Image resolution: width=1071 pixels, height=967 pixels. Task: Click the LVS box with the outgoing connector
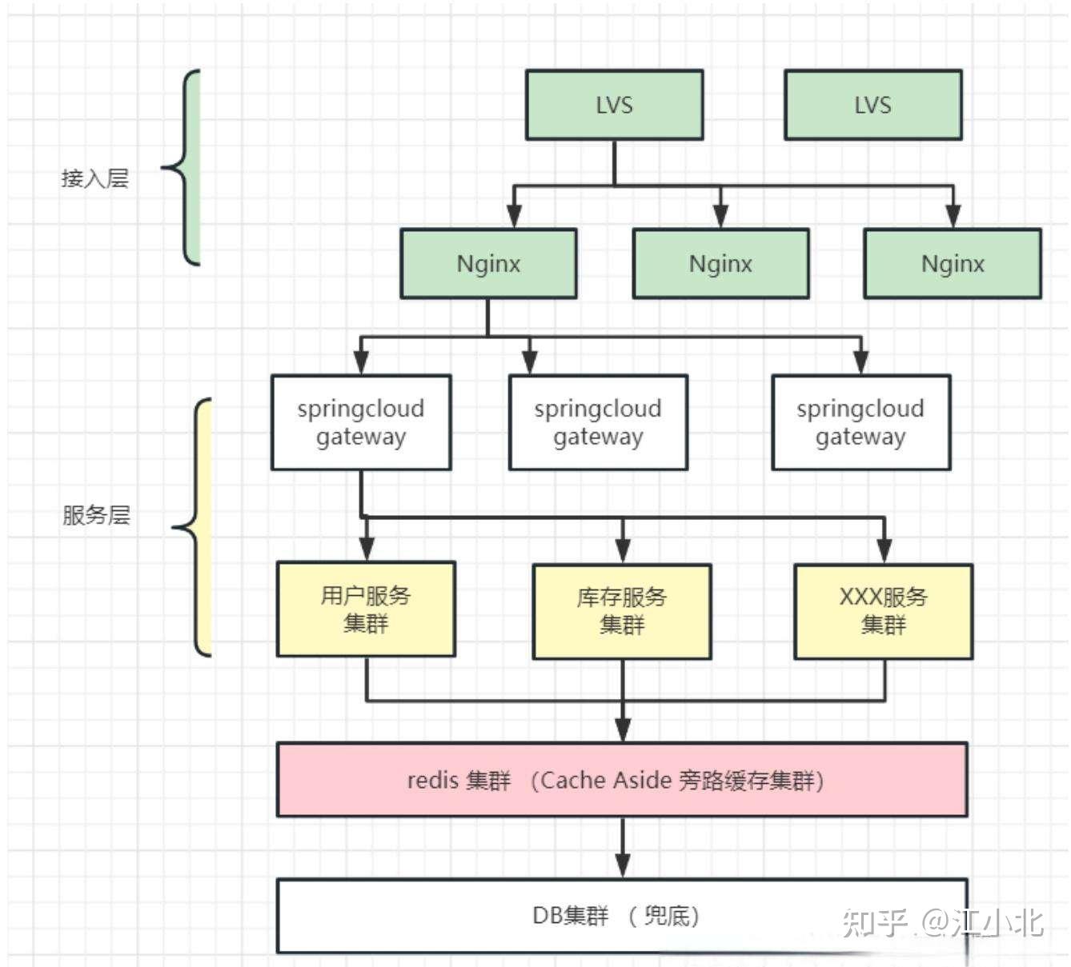coord(614,105)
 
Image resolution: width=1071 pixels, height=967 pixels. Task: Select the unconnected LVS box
coord(872,105)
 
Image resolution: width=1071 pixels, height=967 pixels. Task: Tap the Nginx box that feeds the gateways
coord(488,264)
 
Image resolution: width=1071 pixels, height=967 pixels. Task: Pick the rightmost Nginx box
coord(953,264)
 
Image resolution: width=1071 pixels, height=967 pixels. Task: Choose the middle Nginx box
coord(720,264)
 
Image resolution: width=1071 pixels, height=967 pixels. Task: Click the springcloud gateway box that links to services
coord(361,422)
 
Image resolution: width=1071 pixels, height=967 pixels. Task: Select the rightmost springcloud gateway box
coord(860,422)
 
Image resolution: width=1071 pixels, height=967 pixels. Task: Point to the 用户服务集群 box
coord(366,609)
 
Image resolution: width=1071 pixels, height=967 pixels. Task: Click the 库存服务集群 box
coord(622,611)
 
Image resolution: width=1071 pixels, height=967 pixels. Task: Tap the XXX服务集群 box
coord(883,611)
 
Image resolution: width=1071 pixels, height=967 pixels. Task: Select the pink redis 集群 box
coord(622,780)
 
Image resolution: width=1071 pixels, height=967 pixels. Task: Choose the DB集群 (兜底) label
coord(616,916)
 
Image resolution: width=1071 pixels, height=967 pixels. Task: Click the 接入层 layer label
coord(94,178)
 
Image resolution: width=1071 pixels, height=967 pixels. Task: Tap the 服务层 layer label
coord(96,515)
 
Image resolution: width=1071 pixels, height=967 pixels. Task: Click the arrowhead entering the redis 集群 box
coord(623,730)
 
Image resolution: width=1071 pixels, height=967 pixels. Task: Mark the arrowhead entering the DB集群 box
coord(623,865)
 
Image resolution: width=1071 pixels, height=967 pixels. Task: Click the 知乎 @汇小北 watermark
coord(943,922)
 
